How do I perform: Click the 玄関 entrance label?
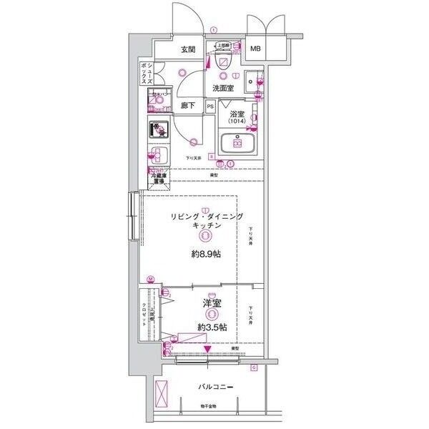tap(188, 49)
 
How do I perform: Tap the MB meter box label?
tap(255, 49)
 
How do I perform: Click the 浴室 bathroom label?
tap(237, 114)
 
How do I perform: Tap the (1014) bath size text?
tap(237, 122)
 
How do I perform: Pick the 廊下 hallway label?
tap(189, 106)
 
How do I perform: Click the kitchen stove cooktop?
tap(158, 131)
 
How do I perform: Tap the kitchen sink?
tap(158, 156)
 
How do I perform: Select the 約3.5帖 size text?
tap(212, 327)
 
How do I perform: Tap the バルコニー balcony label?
tap(215, 388)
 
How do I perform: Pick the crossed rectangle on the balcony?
tap(162, 393)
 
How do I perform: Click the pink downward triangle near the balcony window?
tap(207, 350)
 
